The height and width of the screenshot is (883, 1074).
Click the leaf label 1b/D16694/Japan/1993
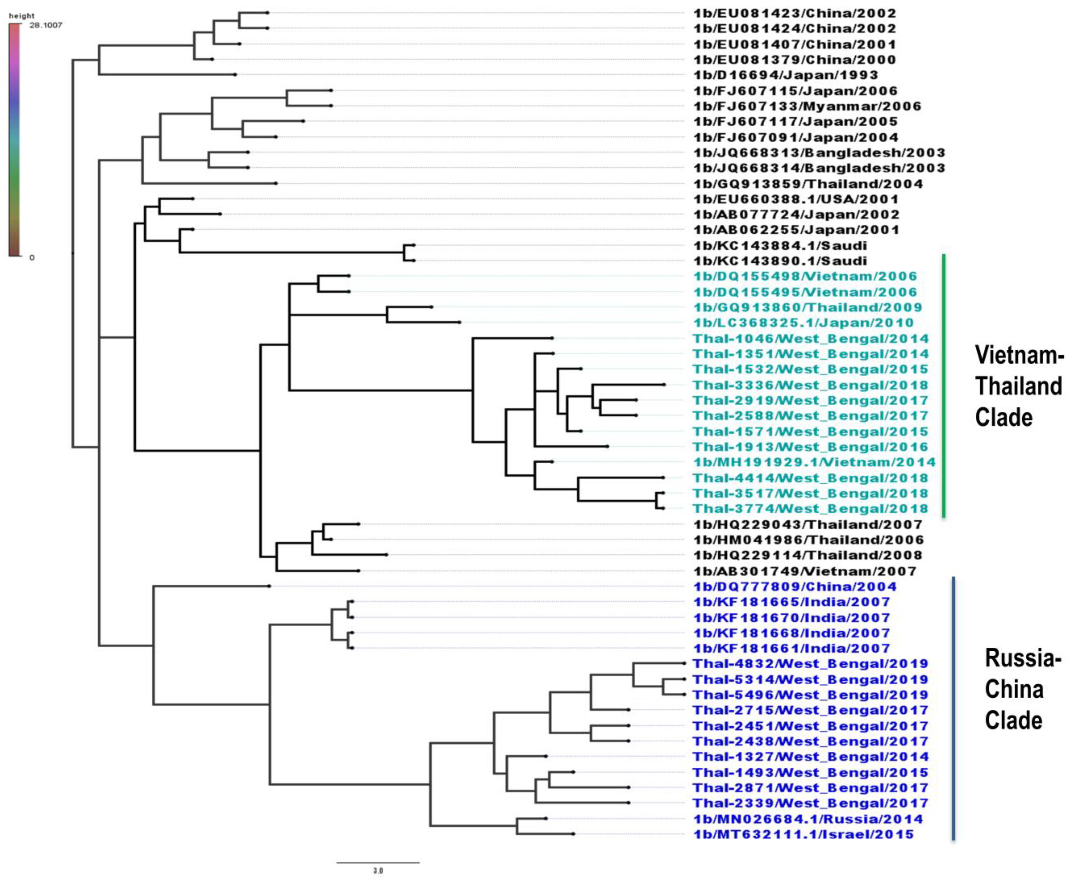point(786,75)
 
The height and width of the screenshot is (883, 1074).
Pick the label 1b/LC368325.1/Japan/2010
point(803,323)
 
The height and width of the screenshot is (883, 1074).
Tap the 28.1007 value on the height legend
point(46,25)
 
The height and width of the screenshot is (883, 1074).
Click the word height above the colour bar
point(22,16)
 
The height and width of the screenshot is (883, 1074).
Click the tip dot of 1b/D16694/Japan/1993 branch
point(235,75)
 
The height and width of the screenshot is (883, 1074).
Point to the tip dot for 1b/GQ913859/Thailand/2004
point(276,183)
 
